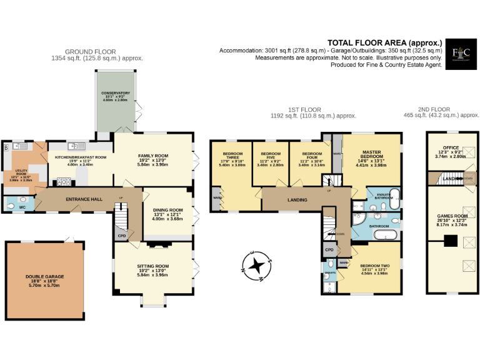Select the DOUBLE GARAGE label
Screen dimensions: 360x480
(x=45, y=276)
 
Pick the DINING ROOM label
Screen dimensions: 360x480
(x=167, y=210)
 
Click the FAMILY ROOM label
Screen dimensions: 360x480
(x=153, y=156)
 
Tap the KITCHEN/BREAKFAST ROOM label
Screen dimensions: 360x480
(x=80, y=157)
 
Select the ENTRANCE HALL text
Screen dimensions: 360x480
(x=84, y=199)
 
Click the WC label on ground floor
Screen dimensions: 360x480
(x=23, y=206)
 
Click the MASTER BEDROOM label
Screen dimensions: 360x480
(x=372, y=154)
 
